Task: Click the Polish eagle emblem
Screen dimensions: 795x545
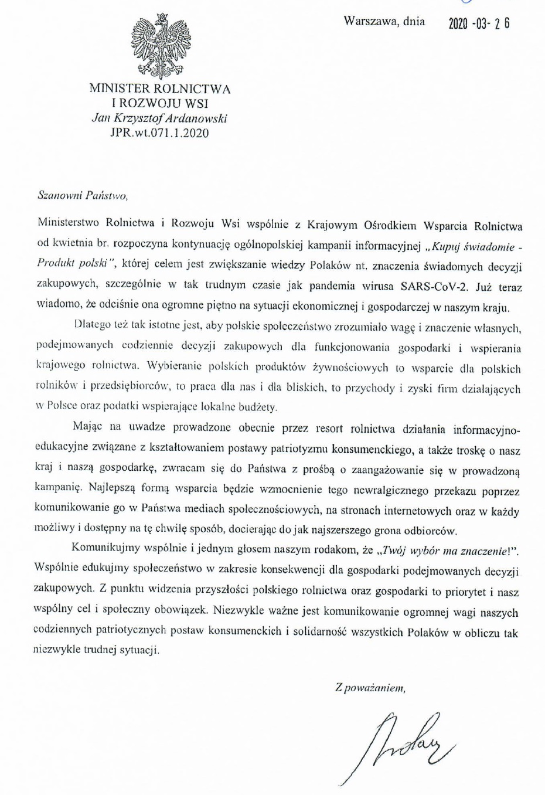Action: tap(159, 46)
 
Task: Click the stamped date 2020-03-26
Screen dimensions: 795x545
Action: tap(479, 23)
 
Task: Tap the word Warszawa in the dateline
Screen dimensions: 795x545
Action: tap(370, 22)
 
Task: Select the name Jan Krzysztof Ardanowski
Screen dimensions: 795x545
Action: tap(159, 118)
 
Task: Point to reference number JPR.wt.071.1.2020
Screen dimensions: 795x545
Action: tap(159, 132)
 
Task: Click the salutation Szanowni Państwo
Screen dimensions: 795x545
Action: tap(82, 196)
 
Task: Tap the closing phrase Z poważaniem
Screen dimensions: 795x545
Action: tap(370, 688)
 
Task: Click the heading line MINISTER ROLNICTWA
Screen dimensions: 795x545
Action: tap(159, 89)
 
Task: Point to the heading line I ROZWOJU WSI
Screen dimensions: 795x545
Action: tap(159, 103)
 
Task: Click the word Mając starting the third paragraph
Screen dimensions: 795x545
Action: tap(88, 427)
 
